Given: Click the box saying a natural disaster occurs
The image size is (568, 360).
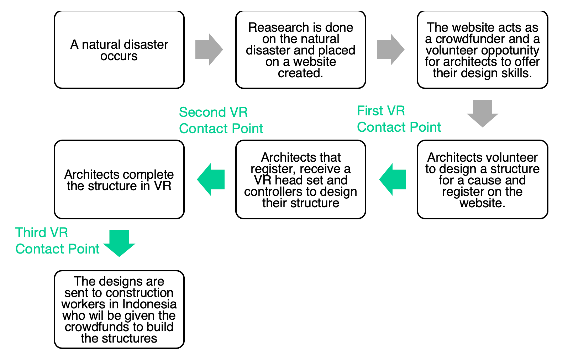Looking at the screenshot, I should [x=119, y=50].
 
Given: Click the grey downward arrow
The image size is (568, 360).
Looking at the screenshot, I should [x=482, y=113].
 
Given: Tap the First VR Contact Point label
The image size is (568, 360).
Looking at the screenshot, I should [x=399, y=119].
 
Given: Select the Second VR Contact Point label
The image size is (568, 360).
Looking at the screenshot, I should [x=221, y=120].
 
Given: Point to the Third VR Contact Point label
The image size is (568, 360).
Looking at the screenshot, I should [x=57, y=241].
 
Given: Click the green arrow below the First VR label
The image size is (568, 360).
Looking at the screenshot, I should [x=393, y=179].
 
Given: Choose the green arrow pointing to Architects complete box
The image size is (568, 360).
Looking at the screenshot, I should [x=211, y=179].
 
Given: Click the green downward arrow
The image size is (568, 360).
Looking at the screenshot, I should [x=119, y=243].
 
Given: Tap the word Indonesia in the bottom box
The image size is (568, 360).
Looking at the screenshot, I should [x=149, y=304].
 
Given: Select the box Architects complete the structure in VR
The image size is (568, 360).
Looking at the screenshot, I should [x=119, y=179].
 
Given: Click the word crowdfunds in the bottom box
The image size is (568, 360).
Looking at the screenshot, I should [x=97, y=327].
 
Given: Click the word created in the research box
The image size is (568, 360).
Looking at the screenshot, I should [x=300, y=73].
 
